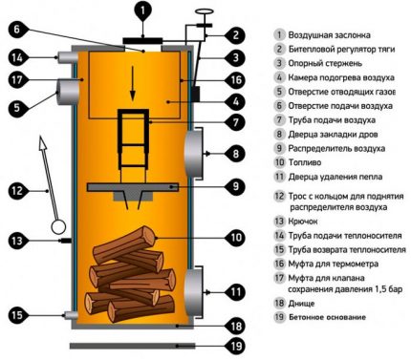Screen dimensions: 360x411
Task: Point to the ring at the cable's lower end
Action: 60,227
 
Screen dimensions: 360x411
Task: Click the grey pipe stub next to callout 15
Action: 68,314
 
